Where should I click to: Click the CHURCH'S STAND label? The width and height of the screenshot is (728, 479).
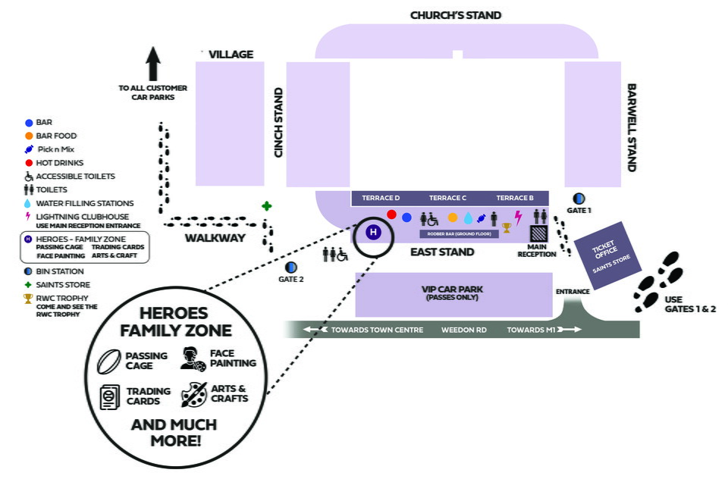455,14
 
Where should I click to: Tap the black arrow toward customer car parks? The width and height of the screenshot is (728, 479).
152,63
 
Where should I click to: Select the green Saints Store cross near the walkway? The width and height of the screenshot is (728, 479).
266,205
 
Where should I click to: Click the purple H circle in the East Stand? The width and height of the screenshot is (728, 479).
373,233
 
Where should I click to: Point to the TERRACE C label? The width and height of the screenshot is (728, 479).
447,198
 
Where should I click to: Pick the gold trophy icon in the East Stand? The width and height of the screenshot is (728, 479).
507,227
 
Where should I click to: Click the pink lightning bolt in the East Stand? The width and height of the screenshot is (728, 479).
519,218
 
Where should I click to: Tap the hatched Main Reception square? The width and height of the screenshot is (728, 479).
538,234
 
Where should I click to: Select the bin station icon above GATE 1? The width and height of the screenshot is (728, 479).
579,198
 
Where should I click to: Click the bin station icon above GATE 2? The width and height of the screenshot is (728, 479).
290,267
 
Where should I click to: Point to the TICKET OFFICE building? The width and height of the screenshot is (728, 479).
606,255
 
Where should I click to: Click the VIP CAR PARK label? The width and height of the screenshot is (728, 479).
453,290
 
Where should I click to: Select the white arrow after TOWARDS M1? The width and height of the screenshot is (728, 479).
572,330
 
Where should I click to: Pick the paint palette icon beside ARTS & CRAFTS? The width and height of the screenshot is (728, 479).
193,393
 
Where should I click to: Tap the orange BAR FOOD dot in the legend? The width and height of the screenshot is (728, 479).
29,136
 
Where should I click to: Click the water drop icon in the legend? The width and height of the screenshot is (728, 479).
29,203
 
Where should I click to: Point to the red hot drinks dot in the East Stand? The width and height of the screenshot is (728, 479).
391,214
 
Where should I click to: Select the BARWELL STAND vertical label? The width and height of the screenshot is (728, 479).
631,127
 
